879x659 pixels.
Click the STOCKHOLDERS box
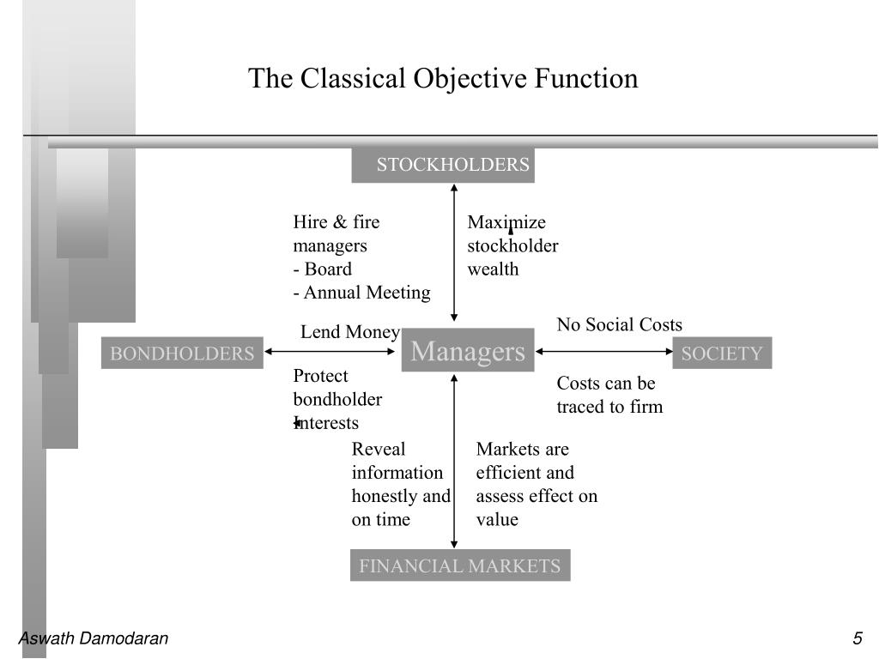[443, 165]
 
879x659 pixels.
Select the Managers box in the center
[467, 352]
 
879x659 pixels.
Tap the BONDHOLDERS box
[182, 354]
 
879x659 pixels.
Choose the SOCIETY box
[722, 354]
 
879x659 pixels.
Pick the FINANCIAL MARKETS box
[459, 566]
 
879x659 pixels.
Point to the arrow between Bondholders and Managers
[332, 351]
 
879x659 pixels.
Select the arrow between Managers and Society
[604, 351]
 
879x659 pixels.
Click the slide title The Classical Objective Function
[443, 79]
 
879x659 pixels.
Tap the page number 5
[857, 638]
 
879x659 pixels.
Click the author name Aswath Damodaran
[94, 638]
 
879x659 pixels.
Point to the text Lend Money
[349, 332]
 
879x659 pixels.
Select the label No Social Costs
[619, 324]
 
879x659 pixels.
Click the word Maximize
[506, 223]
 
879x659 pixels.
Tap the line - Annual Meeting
[361, 293]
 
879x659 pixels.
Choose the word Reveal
[378, 449]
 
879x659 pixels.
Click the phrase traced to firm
[609, 407]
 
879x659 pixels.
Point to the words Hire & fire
[336, 223]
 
